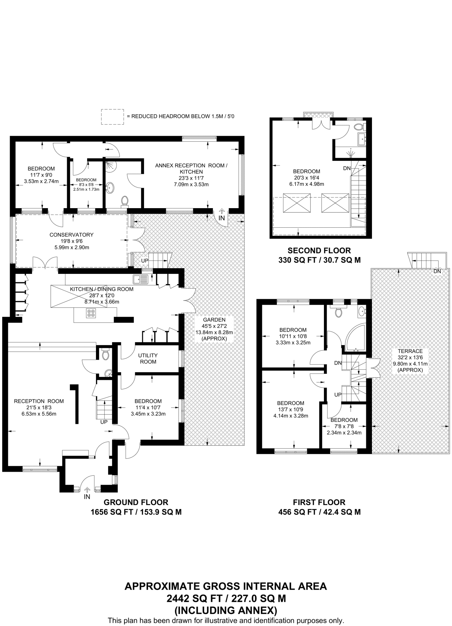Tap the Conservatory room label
point(72,235)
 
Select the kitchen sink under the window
point(140,279)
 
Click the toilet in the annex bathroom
point(124,201)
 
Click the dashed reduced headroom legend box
point(112,116)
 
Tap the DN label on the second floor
point(347,168)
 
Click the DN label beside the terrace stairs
point(437,271)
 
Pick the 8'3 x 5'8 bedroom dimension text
point(86,185)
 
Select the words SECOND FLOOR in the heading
point(319,251)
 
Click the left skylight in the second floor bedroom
point(297,203)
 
